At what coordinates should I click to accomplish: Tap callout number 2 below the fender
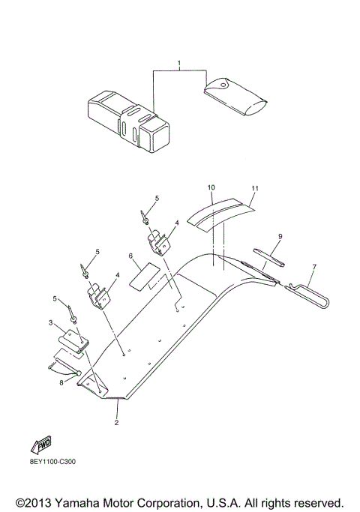click(x=116, y=423)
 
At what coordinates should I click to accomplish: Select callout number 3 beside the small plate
click(x=51, y=323)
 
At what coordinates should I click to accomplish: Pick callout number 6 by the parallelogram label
click(x=130, y=256)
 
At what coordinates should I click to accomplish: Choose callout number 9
click(x=280, y=237)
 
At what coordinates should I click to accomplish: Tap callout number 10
click(x=211, y=186)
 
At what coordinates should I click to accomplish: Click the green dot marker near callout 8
click(x=77, y=373)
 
